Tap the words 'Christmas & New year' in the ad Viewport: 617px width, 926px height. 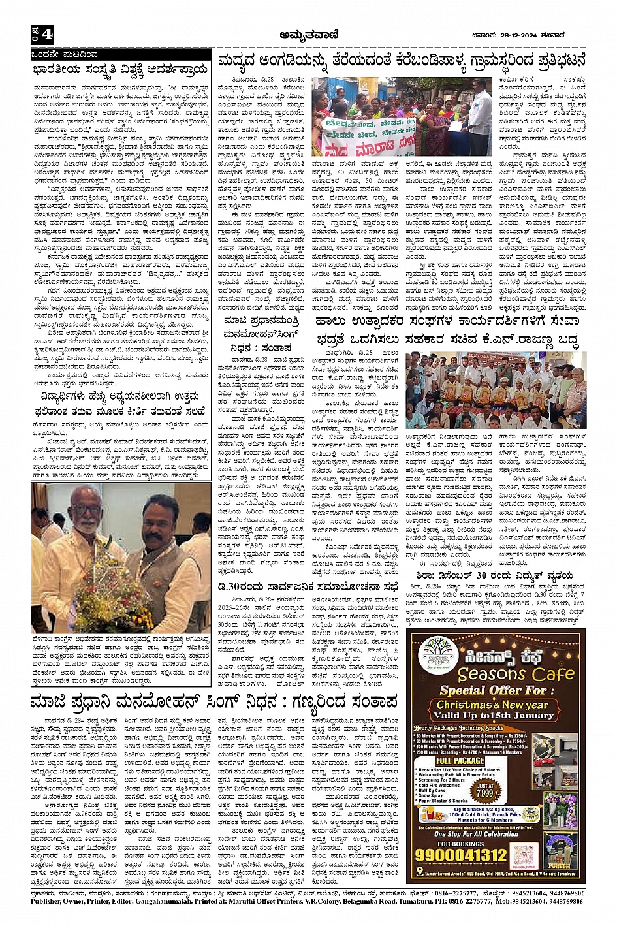click(x=493, y=705)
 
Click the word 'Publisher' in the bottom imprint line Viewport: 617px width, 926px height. click(x=49, y=901)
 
